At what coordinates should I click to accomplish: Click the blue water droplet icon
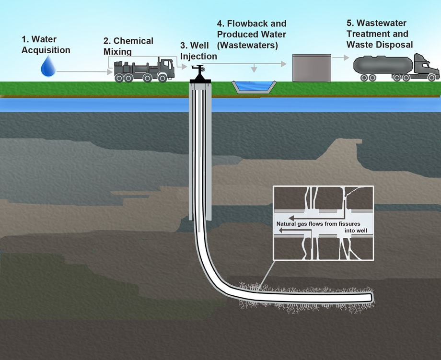(x=48, y=67)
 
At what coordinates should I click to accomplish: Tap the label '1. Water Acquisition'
(x=46, y=45)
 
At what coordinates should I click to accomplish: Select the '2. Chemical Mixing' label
(x=128, y=46)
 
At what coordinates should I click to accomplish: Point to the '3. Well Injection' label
(x=198, y=51)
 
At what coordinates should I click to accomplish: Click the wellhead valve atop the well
(x=198, y=72)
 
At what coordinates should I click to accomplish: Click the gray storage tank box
(x=312, y=68)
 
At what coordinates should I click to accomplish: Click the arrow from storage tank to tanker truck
(x=340, y=57)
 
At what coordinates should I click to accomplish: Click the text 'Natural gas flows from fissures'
(x=318, y=224)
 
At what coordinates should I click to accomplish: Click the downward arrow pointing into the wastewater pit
(x=255, y=69)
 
